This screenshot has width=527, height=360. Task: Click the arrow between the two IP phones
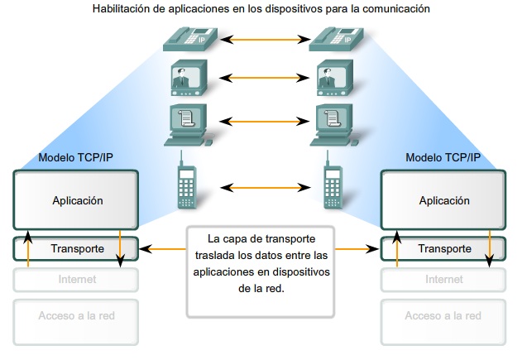point(261,38)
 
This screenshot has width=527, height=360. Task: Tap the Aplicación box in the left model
point(78,200)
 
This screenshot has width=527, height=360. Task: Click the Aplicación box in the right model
point(444,200)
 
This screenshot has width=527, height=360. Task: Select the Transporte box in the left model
point(78,247)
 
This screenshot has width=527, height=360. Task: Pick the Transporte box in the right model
point(444,247)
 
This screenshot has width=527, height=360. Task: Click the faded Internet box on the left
point(78,280)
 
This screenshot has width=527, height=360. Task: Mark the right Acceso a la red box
point(444,315)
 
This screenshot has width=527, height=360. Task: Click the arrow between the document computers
point(261,121)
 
